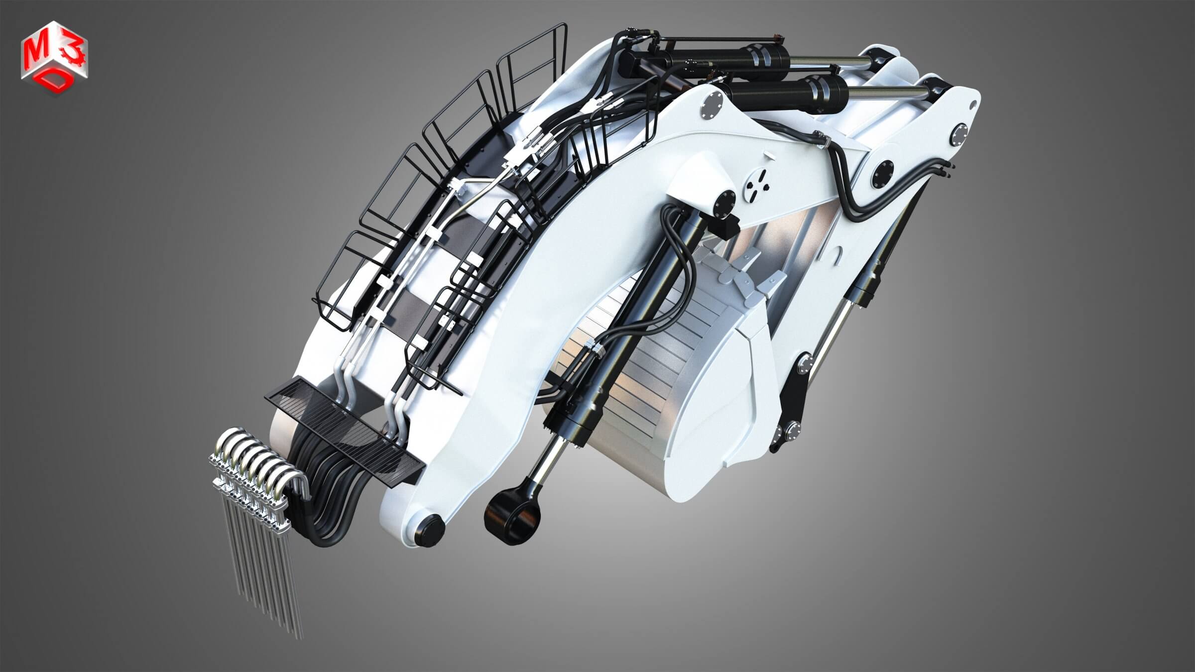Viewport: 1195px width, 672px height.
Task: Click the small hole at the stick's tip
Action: pyautogui.click(x=972, y=105)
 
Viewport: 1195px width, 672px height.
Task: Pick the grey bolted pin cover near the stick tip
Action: pyautogui.click(x=958, y=135)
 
